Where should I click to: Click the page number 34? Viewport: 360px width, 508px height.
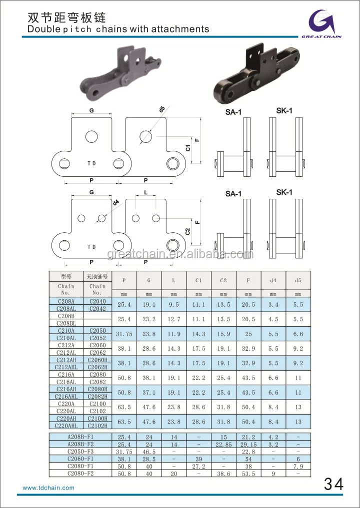[333, 485]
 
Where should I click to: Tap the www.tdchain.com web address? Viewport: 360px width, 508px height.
[48, 488]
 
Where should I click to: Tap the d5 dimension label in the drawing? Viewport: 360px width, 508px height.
[162, 109]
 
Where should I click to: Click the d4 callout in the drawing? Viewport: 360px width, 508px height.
[116, 202]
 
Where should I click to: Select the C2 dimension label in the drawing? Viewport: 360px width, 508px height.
[187, 231]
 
